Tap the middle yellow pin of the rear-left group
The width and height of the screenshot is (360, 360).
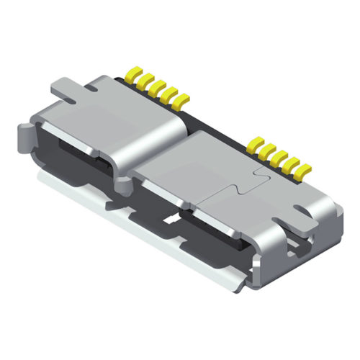(x=154, y=86)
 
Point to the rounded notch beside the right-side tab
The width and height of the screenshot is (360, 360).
(x=297, y=211)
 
